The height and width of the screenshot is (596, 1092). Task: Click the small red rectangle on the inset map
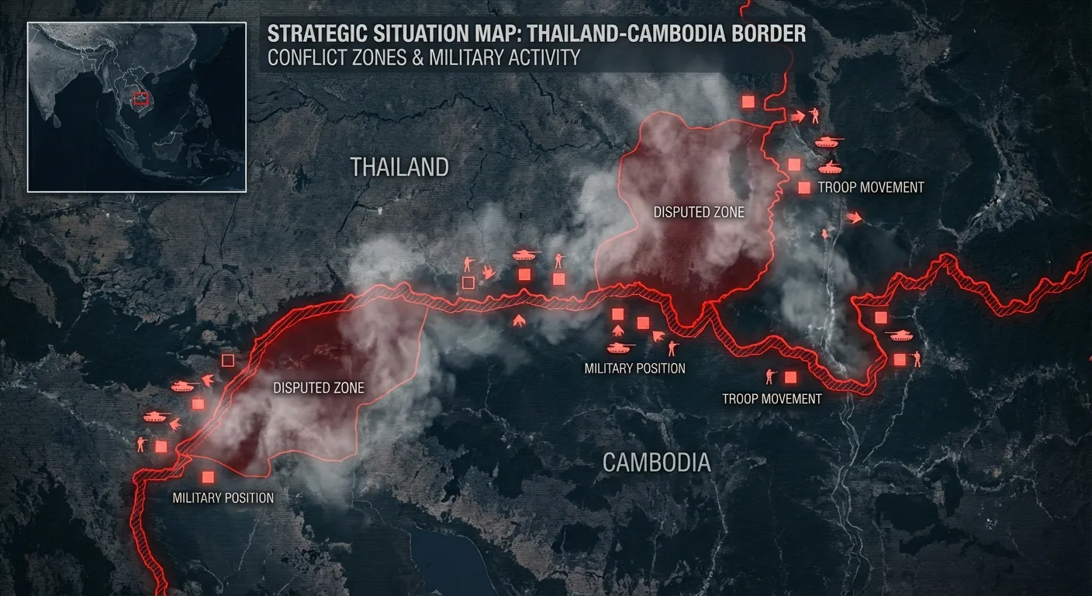tap(140, 98)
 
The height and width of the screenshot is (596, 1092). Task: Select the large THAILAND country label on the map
tap(399, 167)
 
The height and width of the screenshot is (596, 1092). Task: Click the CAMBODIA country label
tap(656, 463)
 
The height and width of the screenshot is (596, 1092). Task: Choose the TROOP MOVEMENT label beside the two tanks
tap(871, 187)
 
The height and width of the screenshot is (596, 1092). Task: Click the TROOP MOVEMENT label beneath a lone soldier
tap(772, 398)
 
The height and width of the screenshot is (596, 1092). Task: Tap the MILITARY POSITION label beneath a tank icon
tap(634, 369)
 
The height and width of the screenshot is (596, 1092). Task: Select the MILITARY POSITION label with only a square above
tap(223, 497)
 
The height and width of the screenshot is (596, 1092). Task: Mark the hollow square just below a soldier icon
tap(468, 282)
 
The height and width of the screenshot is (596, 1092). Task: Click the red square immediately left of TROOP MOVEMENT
tap(804, 187)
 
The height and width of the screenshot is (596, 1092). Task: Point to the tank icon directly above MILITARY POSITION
tap(620, 348)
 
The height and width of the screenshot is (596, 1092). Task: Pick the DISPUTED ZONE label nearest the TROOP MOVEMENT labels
tap(698, 212)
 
